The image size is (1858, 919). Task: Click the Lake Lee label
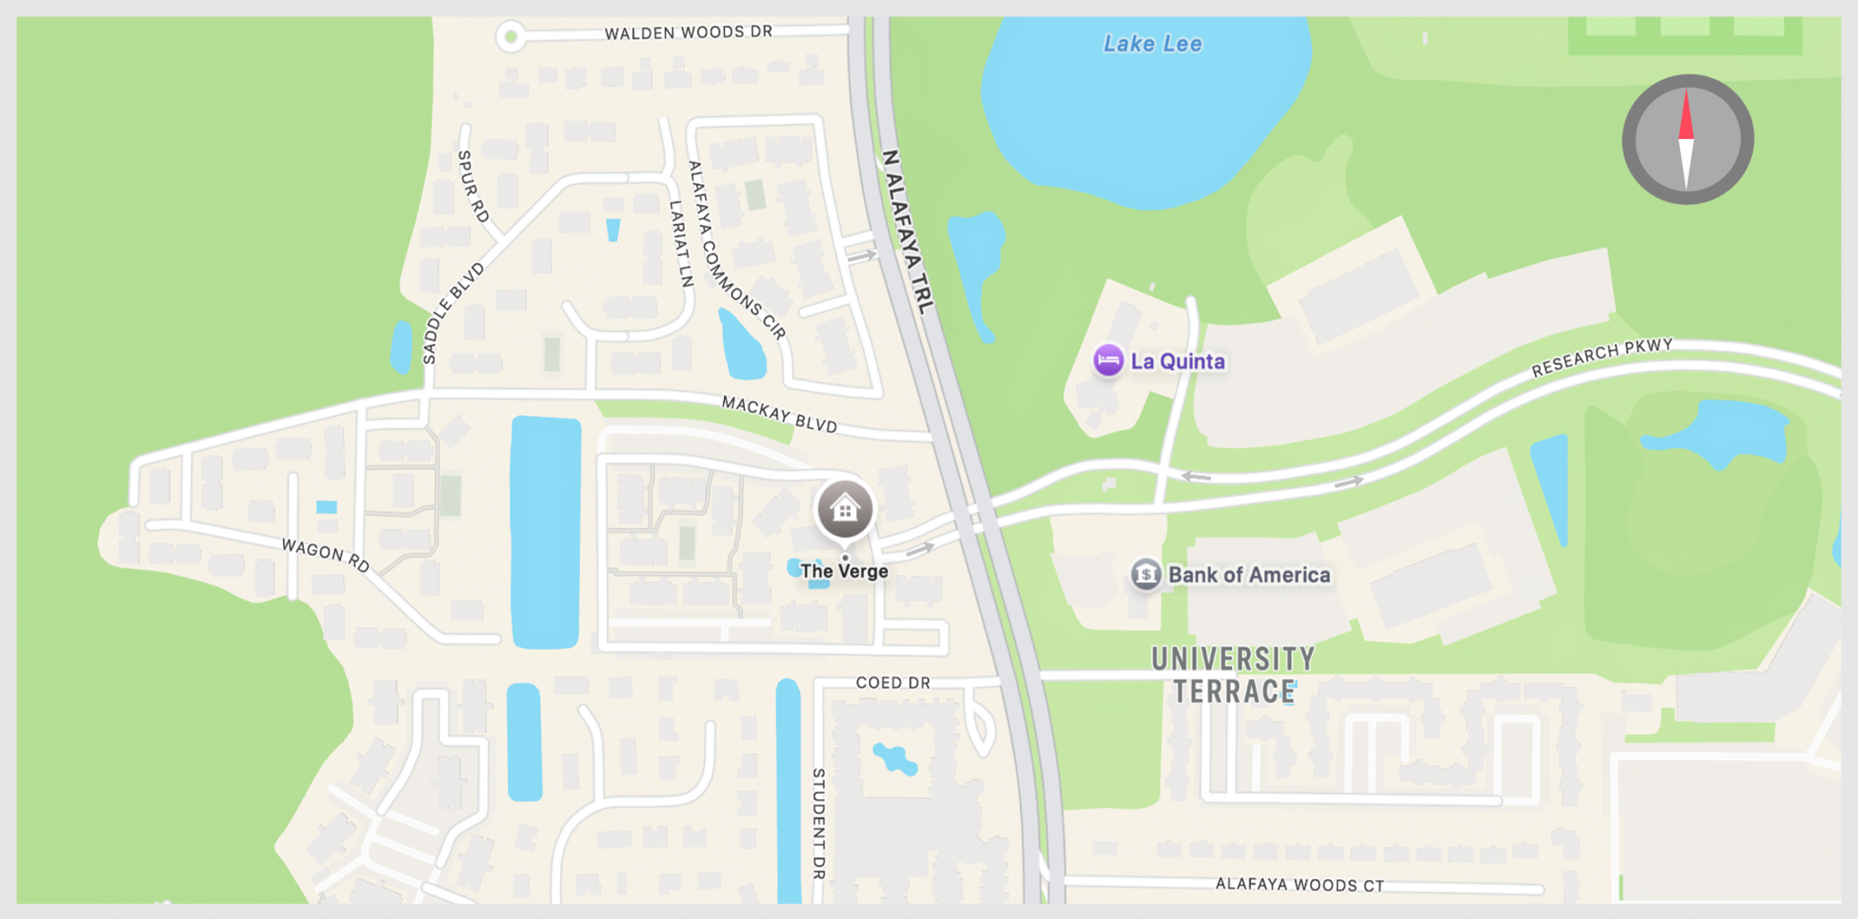point(1152,44)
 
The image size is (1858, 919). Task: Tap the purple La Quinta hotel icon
point(1108,360)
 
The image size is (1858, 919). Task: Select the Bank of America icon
point(1146,574)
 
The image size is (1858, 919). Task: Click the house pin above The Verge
point(845,509)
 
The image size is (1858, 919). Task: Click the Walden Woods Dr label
point(689,33)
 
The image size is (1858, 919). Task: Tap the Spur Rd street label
point(473,187)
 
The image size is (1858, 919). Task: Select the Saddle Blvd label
point(453,313)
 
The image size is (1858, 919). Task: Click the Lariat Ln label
point(680,243)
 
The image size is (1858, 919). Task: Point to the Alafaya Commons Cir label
point(736,250)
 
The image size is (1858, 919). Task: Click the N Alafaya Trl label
point(907,232)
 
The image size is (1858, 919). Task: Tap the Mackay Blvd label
point(779,414)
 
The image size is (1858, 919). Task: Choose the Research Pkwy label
point(1602,357)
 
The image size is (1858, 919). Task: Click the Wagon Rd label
point(326,554)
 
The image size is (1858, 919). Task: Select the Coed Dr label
point(893,682)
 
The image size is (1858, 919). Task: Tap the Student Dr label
point(818,824)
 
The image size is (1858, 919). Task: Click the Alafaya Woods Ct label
point(1299,885)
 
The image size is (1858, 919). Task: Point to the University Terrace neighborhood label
point(1233,674)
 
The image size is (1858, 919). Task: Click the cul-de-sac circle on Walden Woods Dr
point(511,37)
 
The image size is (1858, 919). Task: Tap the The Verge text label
point(844,572)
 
